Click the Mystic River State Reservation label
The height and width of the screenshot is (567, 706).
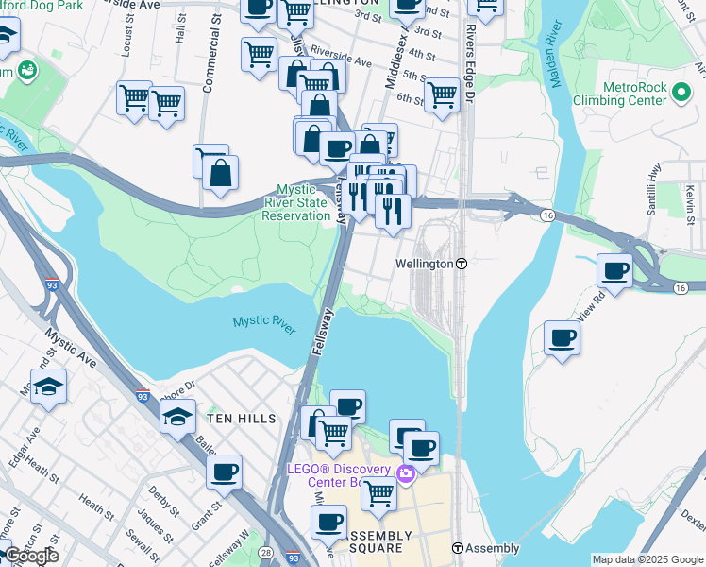(296, 202)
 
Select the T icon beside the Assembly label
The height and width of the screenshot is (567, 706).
(457, 548)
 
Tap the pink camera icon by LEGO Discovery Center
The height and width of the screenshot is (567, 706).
(406, 472)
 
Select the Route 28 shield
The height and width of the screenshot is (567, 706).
(267, 551)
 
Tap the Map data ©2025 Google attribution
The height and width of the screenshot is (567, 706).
(647, 559)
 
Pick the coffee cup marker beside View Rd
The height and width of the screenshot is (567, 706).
(614, 272)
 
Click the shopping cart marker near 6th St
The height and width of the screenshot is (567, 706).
(442, 95)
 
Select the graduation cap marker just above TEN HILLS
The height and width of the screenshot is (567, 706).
(177, 417)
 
